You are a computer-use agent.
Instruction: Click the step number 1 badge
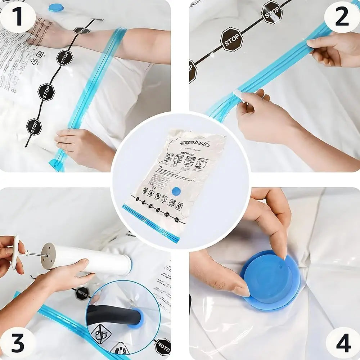point(17,17)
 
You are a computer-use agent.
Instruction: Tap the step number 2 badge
point(342,17)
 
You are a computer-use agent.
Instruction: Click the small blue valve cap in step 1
point(56,8)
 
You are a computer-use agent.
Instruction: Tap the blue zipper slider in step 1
point(56,165)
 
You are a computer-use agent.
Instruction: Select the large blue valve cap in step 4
point(270,279)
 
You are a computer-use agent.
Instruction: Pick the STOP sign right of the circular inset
point(163,346)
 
